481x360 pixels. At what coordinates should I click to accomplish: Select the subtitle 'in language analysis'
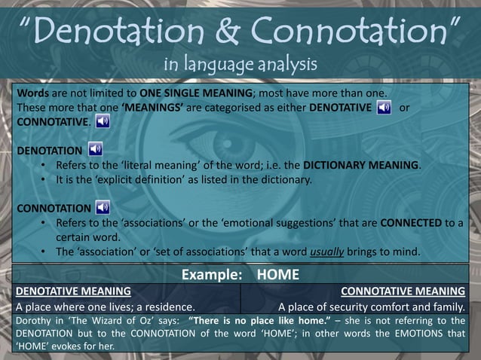tap(240, 63)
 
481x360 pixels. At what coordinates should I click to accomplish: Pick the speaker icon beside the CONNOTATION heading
tap(103, 207)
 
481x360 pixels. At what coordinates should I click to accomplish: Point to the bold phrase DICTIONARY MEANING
tap(359, 165)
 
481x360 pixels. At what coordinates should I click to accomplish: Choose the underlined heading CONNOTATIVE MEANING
tap(403, 291)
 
